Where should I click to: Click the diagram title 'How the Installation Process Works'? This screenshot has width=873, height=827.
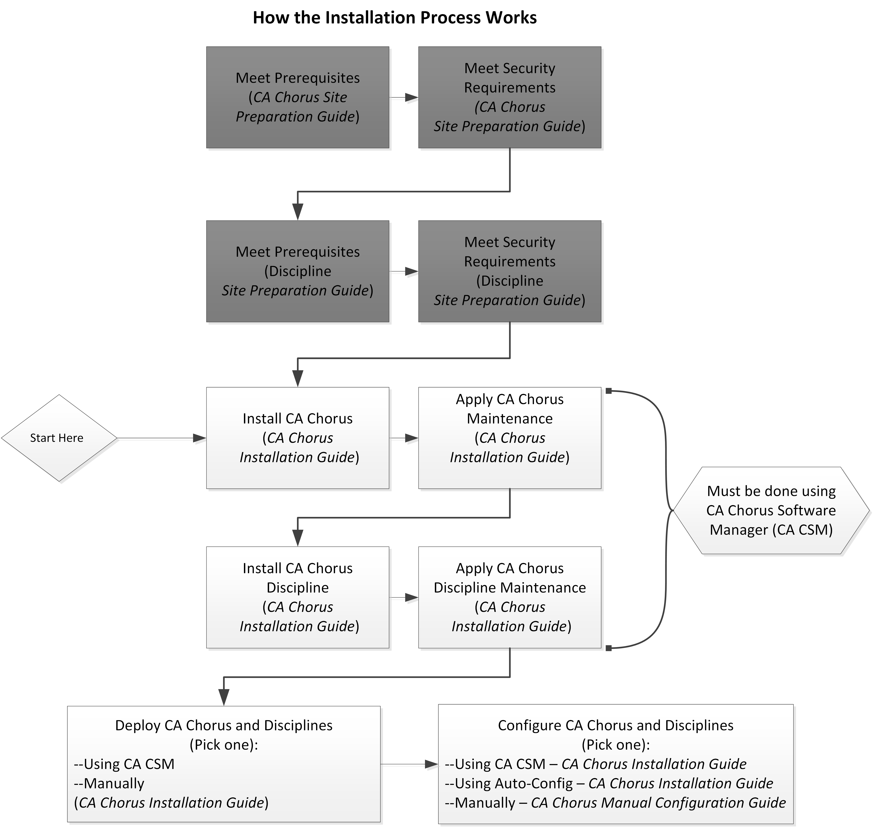coord(395,18)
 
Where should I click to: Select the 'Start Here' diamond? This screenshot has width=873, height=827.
coord(59,438)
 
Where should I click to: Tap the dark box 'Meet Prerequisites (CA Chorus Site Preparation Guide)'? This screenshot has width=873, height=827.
coord(298,97)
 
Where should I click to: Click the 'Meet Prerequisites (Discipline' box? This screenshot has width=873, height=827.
coord(298,271)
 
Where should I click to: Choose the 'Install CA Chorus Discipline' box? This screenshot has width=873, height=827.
coord(298,597)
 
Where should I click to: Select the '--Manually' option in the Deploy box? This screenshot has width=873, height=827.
coord(109,783)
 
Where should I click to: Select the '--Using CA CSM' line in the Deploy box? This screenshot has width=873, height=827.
coord(124,764)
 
